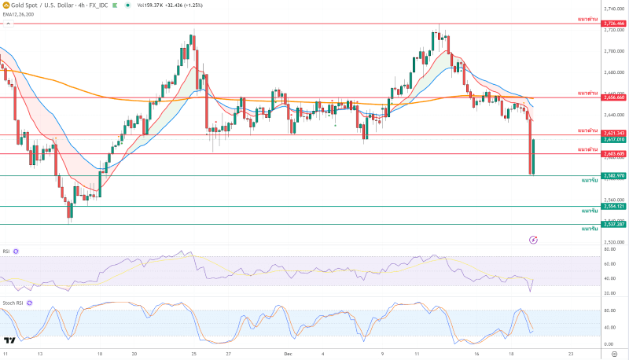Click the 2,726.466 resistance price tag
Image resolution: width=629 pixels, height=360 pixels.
pyautogui.click(x=614, y=24)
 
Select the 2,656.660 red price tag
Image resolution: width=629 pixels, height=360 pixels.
pyautogui.click(x=614, y=97)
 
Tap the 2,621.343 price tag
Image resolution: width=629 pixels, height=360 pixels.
pyautogui.click(x=614, y=133)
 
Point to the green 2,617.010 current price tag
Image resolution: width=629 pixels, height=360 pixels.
pyautogui.click(x=614, y=139)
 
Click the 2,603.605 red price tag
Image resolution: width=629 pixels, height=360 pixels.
pyautogui.click(x=614, y=154)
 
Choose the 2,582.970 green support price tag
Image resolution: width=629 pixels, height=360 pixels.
pyautogui.click(x=614, y=175)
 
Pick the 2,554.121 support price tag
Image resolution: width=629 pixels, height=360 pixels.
pyautogui.click(x=614, y=207)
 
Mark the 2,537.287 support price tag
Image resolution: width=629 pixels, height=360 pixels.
pyautogui.click(x=614, y=224)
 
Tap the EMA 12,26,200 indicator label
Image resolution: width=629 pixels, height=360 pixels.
pyautogui.click(x=19, y=14)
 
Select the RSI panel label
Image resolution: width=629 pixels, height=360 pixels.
pyautogui.click(x=6, y=252)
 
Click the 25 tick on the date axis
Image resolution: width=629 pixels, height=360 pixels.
pyautogui.click(x=194, y=354)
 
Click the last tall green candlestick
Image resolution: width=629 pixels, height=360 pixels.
pyautogui.click(x=533, y=156)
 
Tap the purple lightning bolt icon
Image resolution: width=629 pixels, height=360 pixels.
pyautogui.click(x=534, y=239)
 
